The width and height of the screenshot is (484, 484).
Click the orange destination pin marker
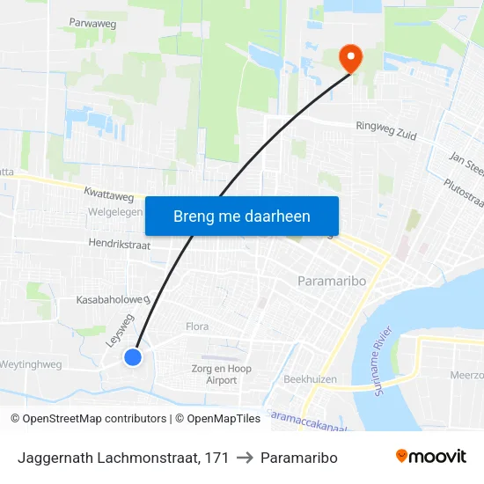pos(351,58)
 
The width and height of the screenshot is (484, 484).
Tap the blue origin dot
pos(133,356)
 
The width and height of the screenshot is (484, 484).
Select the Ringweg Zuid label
pos(385,130)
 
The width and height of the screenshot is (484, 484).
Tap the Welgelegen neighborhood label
pos(115,212)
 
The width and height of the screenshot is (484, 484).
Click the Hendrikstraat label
pos(119,244)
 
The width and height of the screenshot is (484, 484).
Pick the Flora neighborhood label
pos(197,326)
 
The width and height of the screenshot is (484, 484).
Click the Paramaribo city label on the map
pos(325,280)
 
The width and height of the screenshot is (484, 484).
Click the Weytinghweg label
pos(30,363)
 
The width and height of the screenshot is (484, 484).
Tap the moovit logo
pos(431,457)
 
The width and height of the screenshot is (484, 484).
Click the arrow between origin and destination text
pos(246,458)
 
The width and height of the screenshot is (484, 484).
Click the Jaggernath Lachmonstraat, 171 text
pos(123,458)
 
